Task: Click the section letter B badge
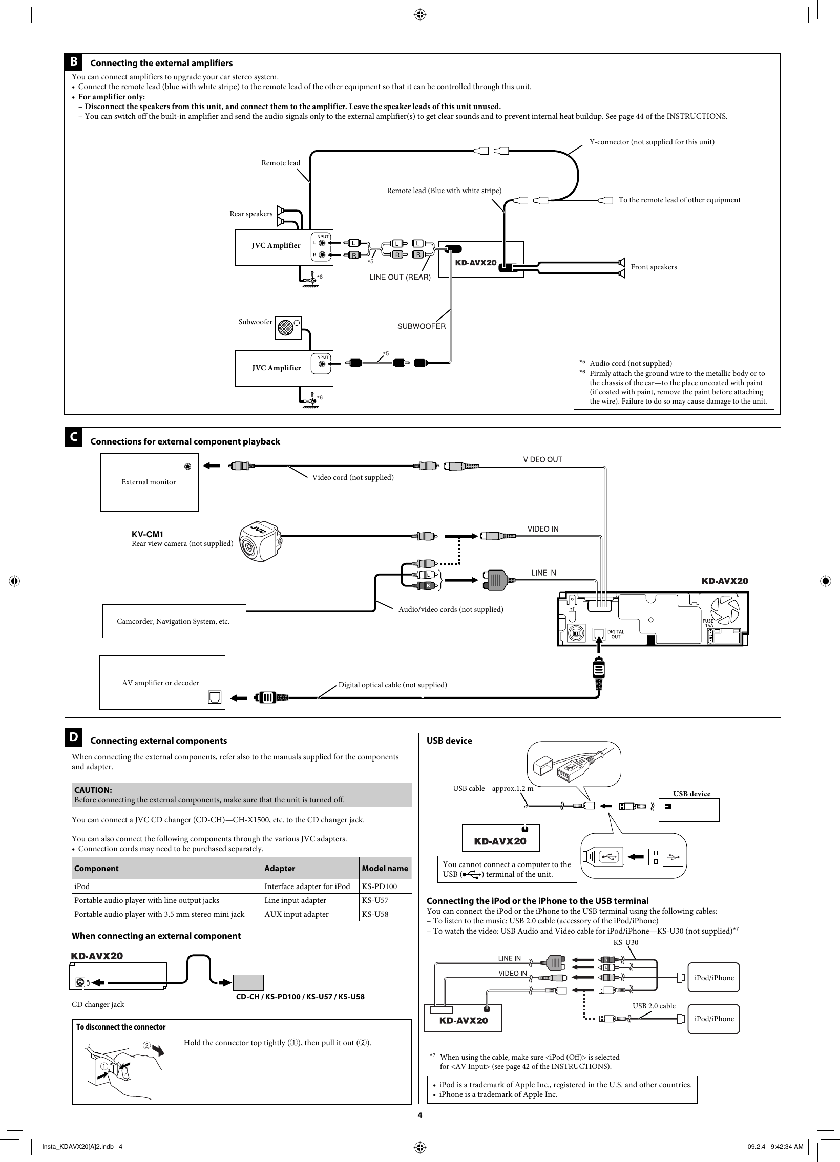[x=74, y=62]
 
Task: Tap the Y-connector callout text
[x=652, y=142]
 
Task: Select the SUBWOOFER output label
[x=422, y=326]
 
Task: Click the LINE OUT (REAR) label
[x=400, y=277]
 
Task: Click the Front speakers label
[x=654, y=267]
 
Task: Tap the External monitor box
[x=149, y=482]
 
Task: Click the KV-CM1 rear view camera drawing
[x=260, y=541]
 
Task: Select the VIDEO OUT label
[x=542, y=459]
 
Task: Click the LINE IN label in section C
[x=543, y=573]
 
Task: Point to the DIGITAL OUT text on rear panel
[x=616, y=635]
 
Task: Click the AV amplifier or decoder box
[x=162, y=683]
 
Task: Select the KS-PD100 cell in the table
[x=379, y=886]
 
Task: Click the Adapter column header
[x=280, y=869]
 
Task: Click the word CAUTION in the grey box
[x=93, y=790]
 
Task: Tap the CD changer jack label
[x=98, y=1004]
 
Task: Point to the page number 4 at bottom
[x=419, y=1115]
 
